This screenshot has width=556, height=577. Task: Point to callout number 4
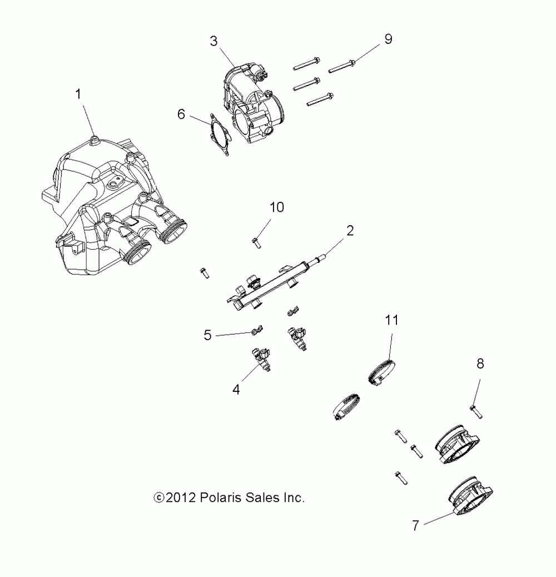pyautogui.click(x=236, y=390)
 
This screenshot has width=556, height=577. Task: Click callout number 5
pyautogui.click(x=207, y=336)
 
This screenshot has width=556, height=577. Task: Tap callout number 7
pyautogui.click(x=415, y=525)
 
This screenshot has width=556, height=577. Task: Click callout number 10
pyautogui.click(x=277, y=207)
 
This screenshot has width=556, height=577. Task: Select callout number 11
pyautogui.click(x=392, y=320)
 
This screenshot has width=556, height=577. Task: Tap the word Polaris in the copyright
pyautogui.click(x=217, y=498)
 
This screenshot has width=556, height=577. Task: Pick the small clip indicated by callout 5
pyautogui.click(x=256, y=332)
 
